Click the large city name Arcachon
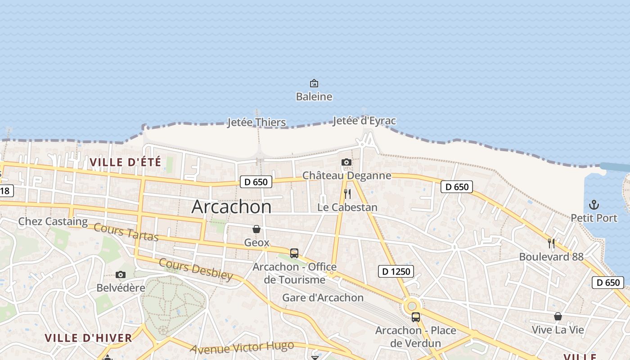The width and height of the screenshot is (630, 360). click(231, 207)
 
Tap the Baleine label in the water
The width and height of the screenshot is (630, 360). click(314, 96)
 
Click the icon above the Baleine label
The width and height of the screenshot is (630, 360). click(314, 83)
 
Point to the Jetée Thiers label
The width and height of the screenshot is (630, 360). click(256, 122)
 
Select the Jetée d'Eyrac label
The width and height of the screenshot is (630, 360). click(364, 121)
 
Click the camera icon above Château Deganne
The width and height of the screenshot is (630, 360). click(346, 162)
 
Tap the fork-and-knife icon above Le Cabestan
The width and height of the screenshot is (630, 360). click(347, 194)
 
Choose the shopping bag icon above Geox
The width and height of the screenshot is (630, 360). click(256, 229)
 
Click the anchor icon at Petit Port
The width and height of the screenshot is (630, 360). click(594, 205)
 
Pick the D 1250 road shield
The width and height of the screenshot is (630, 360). click(396, 271)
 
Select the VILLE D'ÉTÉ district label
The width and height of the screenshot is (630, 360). click(125, 162)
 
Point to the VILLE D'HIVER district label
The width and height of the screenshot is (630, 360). click(88, 337)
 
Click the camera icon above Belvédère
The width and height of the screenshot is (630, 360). click(121, 274)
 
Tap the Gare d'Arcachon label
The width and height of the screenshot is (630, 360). click(323, 297)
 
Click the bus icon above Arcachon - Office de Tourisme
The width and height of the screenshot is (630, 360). click(294, 253)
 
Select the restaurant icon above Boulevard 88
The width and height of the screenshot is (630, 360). click(551, 243)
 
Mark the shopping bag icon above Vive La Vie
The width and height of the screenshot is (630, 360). click(558, 316)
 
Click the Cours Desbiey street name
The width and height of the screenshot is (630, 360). click(196, 269)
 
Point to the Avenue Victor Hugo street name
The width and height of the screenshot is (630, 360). click(242, 347)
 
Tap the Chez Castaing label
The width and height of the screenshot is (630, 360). click(53, 221)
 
